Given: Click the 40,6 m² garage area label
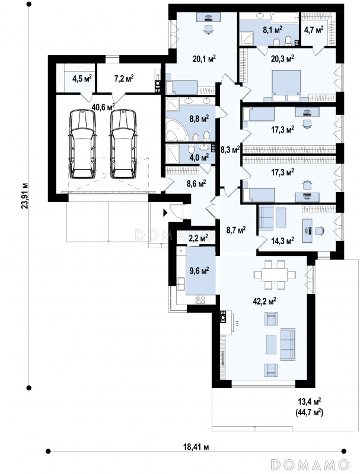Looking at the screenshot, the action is [x=103, y=107].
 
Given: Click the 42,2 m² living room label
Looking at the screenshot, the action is [x=264, y=301].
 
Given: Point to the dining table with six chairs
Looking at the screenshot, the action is [x=274, y=275].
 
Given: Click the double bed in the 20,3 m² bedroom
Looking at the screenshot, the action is [x=286, y=85].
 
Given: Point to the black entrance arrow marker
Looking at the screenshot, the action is [x=165, y=213].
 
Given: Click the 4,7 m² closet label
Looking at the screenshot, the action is [x=313, y=30].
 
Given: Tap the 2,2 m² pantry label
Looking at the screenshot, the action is [x=198, y=238].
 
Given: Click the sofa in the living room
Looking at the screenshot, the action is [x=288, y=345].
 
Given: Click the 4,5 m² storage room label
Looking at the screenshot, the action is [x=82, y=79].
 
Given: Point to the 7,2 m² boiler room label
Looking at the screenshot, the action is [x=124, y=79].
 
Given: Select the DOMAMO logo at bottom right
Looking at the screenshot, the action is [x=310, y=464].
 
